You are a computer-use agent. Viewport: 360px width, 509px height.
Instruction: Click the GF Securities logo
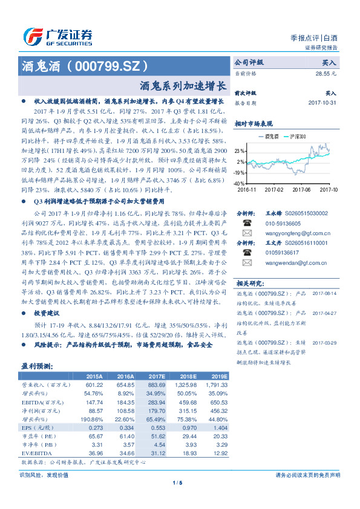(x=57, y=36)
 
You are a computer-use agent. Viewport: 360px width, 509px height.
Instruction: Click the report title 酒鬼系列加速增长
(x=183, y=86)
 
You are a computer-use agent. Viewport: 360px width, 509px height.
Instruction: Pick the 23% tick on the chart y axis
(x=240, y=151)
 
